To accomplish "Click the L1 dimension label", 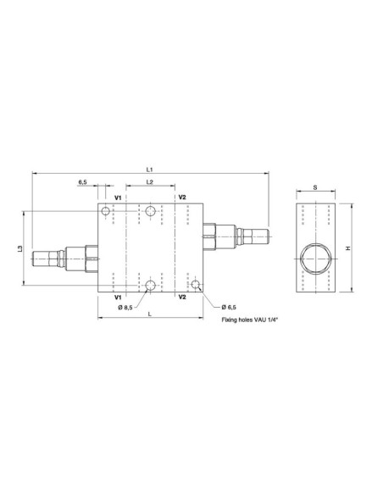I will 149,170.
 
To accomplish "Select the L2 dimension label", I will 149,182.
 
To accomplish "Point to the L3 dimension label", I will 20,249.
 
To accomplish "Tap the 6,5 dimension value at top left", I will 82,182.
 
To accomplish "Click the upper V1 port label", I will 118,198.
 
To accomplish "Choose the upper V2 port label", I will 182,198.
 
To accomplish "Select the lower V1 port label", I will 118,298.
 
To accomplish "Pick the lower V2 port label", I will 182,298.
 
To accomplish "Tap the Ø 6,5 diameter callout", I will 227,306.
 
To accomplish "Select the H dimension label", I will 347,248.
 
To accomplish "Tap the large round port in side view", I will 314,250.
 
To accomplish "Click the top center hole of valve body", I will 150,211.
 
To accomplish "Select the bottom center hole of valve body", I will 150,286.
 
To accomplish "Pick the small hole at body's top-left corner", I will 106,209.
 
